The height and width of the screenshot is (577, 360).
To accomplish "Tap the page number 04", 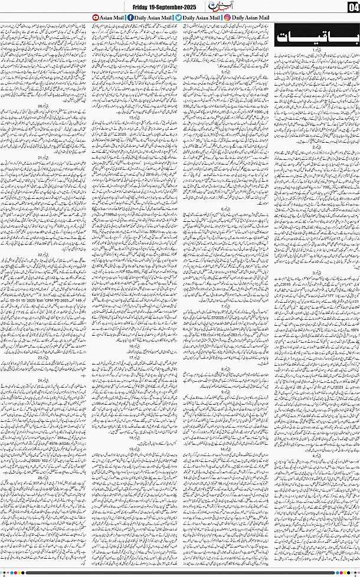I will pyautogui.click(x=353, y=7).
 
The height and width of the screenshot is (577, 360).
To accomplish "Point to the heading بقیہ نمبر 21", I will pyautogui.click(x=43, y=158).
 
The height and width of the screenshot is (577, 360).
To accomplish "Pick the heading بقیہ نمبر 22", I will pyautogui.click(x=43, y=254).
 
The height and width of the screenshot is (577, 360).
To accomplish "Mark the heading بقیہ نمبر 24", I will pyautogui.click(x=43, y=381).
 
